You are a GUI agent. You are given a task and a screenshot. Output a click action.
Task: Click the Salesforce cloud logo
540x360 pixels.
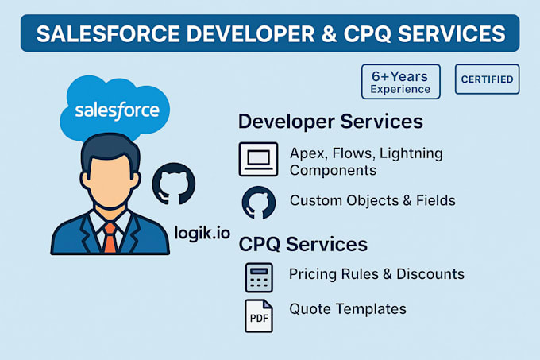pyautogui.click(x=114, y=107)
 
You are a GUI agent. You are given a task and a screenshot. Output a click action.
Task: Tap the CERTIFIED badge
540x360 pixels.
pyautogui.click(x=487, y=79)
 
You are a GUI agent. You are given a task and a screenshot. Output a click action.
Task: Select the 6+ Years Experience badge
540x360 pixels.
pyautogui.click(x=400, y=82)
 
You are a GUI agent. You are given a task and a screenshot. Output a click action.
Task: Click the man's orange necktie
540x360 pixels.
pyautogui.click(x=110, y=238)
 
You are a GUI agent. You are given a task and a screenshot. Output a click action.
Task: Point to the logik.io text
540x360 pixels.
pyautogui.click(x=202, y=233)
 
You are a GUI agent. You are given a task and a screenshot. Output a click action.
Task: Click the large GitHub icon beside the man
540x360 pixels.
pyautogui.click(x=174, y=184)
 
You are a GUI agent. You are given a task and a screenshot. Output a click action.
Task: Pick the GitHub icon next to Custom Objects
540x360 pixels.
pyautogui.click(x=259, y=203)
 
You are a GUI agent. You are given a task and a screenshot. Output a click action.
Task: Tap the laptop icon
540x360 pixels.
pyautogui.click(x=258, y=159)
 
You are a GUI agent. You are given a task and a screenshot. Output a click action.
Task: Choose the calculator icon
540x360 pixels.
pyautogui.click(x=259, y=277)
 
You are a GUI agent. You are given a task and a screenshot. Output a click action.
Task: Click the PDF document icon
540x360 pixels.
pyautogui.click(x=259, y=316)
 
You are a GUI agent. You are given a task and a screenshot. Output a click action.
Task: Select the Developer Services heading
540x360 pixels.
pyautogui.click(x=330, y=122)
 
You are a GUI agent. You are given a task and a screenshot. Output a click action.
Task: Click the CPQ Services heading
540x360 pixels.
pyautogui.click(x=303, y=244)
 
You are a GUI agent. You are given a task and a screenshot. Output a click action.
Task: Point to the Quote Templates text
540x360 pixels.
pyautogui.click(x=348, y=308)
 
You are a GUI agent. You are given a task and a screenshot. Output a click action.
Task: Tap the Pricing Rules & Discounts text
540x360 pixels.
pyautogui.click(x=376, y=274)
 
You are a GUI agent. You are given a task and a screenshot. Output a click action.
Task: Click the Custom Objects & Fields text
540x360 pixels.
pyautogui.click(x=372, y=200)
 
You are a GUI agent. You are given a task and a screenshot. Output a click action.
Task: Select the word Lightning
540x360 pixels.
pyautogui.click(x=411, y=153)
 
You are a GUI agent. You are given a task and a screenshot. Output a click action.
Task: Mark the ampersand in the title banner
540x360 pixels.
pyautogui.click(x=330, y=33)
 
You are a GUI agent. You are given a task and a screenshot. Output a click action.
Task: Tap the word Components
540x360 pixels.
pyautogui.click(x=333, y=171)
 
